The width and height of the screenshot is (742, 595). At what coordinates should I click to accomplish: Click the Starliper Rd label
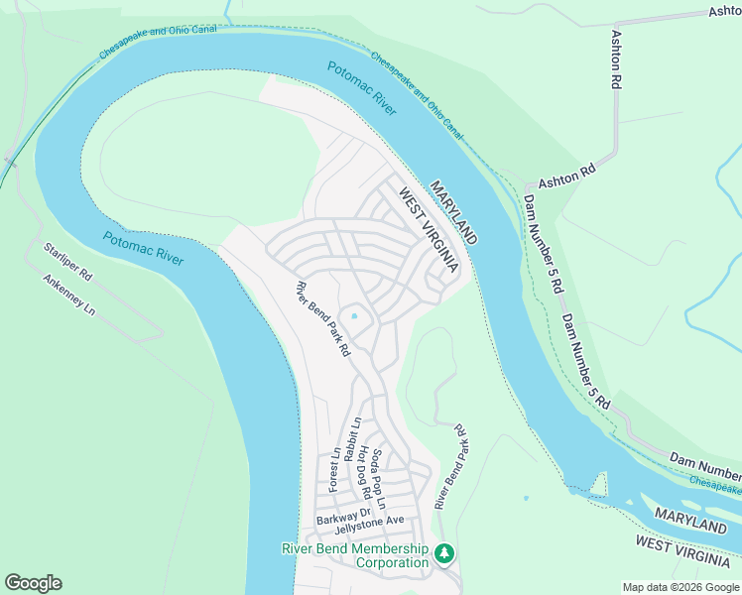point(67,259)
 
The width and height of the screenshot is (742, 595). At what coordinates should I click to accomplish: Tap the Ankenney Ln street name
point(68,296)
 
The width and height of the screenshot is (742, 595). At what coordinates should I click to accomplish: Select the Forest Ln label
point(335,468)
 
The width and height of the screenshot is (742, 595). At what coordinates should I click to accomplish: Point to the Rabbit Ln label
point(351,437)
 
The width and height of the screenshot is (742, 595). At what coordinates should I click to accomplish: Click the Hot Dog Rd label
point(365,472)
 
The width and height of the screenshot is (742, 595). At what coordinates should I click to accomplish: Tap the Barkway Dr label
point(343,519)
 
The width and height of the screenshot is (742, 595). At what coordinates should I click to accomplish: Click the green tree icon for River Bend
point(445,551)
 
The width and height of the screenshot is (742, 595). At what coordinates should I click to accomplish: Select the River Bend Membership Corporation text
point(355,556)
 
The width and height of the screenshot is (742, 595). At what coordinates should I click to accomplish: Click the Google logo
point(33,583)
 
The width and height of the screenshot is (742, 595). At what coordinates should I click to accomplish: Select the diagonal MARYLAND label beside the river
point(454,212)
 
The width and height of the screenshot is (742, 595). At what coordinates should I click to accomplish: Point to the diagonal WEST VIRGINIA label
point(429,232)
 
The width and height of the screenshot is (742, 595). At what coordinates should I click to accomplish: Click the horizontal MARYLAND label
point(690,523)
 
